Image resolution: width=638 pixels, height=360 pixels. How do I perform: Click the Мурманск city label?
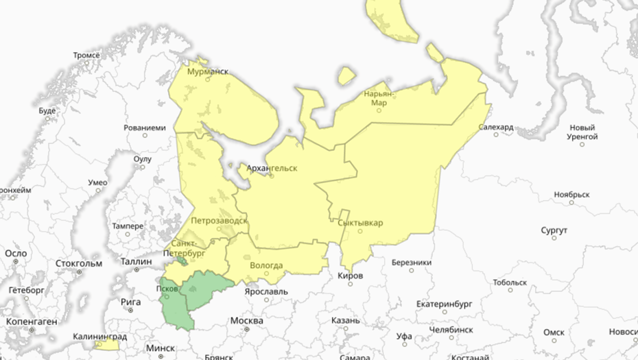[x=207, y=70]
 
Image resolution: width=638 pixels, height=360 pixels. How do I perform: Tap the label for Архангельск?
[x=272, y=167]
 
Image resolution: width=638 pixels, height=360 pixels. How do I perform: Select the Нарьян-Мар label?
[x=379, y=98]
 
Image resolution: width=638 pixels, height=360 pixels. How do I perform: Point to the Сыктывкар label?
[x=360, y=223]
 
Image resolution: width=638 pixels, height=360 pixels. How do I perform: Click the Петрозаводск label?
[x=218, y=221]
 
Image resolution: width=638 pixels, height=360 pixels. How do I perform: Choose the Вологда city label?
[x=266, y=265]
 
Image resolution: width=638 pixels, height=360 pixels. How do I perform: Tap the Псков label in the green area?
[x=168, y=288]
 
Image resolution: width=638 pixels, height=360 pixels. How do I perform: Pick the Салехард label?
[x=497, y=128]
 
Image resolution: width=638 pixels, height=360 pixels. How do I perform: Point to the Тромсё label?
[x=87, y=55]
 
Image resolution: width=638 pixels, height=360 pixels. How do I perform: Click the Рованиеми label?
[x=145, y=128]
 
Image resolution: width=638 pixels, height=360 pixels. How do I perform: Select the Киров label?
[x=351, y=276]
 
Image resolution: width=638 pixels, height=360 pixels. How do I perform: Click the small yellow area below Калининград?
[x=107, y=345]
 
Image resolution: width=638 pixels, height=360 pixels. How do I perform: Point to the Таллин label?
[x=136, y=261]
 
